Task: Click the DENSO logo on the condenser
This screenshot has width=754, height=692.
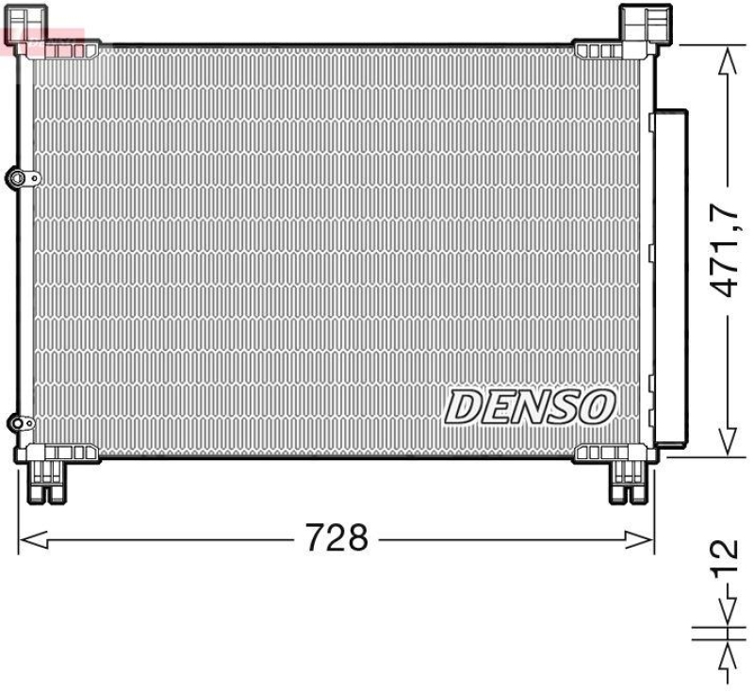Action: tap(530, 406)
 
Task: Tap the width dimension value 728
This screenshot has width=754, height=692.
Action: tap(336, 538)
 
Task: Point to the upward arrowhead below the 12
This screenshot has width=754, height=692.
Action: tap(726, 657)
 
